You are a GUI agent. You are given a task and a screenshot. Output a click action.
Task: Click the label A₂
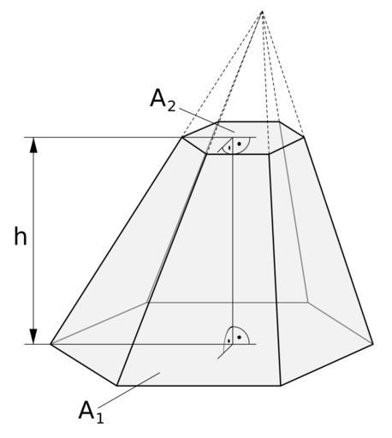(x=163, y=100)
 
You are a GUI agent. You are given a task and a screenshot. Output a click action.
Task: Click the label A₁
(x=91, y=411)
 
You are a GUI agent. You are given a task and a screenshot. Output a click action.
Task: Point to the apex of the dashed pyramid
(x=262, y=11)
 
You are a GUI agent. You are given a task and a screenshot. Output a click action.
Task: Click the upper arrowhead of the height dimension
(x=33, y=145)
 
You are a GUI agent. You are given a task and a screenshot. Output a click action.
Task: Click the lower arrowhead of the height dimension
(x=33, y=336)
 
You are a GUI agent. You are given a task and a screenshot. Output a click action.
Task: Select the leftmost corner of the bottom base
(x=50, y=344)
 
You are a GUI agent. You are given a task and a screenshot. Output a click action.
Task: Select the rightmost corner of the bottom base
(x=373, y=344)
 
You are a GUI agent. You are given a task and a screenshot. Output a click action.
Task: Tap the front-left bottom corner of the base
(x=117, y=386)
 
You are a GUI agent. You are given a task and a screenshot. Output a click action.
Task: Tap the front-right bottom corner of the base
(x=281, y=386)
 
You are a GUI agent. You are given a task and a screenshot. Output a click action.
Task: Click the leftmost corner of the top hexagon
(x=182, y=138)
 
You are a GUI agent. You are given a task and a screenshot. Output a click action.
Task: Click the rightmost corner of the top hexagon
(x=304, y=138)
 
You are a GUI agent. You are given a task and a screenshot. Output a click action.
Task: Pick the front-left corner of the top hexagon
(x=206, y=154)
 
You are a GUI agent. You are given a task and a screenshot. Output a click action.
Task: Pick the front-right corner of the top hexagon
(x=269, y=154)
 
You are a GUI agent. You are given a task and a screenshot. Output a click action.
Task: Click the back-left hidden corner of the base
(x=146, y=303)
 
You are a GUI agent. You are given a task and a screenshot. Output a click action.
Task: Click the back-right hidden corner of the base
(x=307, y=302)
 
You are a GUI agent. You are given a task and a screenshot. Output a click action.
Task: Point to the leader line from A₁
(x=129, y=390)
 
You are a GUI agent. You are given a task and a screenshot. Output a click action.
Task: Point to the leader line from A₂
(x=207, y=120)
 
